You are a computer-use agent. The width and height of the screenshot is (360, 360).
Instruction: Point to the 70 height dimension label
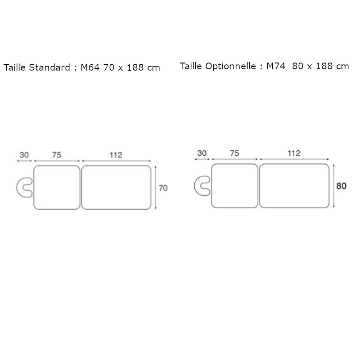click(162, 188)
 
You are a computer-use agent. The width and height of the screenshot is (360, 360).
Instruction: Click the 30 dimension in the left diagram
click(24, 155)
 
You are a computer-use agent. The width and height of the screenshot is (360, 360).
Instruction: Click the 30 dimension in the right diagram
click(202, 153)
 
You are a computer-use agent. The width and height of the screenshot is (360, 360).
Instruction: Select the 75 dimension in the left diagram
click(57, 155)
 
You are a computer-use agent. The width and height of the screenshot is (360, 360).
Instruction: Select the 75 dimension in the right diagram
click(234, 153)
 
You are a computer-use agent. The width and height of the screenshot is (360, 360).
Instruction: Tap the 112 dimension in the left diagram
click(116, 155)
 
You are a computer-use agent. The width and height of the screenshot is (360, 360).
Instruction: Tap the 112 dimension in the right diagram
click(293, 153)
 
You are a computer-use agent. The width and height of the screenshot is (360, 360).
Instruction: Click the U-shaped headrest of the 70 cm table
click(22, 188)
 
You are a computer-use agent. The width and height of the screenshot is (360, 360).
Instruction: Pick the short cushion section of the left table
click(57, 188)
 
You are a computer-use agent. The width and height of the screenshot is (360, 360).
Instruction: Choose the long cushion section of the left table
click(116, 188)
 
